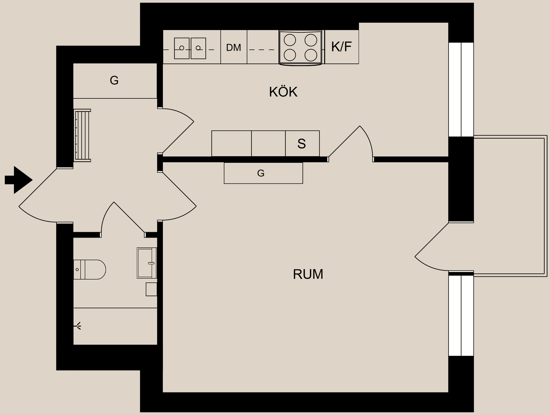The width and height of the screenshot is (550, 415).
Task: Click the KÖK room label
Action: pos(283,92)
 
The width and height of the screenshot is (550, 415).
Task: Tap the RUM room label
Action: pos(308,274)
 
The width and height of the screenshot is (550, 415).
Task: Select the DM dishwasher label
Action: pos(233,48)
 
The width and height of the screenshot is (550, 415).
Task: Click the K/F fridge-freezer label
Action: pos(341,47)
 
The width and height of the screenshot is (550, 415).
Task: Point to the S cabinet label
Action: pos(302,144)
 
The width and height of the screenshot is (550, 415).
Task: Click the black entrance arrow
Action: pos(19,180)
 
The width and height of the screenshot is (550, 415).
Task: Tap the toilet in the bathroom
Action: pos(90,269)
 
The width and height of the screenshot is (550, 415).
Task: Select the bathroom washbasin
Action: pos(147,263)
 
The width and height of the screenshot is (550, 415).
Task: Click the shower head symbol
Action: pos(78,326)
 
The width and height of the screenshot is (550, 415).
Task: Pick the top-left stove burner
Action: pos(290,40)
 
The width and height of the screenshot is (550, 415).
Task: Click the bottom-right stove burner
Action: pos(311,55)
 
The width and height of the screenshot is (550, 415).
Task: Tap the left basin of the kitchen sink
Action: pos(182,48)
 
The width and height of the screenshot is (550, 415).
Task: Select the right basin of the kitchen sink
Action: pos(198,48)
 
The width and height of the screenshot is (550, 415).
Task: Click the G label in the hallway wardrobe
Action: pos(114,80)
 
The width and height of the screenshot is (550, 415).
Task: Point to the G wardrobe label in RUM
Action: pos(261,173)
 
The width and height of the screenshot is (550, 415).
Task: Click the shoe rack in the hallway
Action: pos(82,135)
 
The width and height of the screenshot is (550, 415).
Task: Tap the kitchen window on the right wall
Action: pos(461,89)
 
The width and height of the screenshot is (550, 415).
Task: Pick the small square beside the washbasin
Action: pos(151,289)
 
